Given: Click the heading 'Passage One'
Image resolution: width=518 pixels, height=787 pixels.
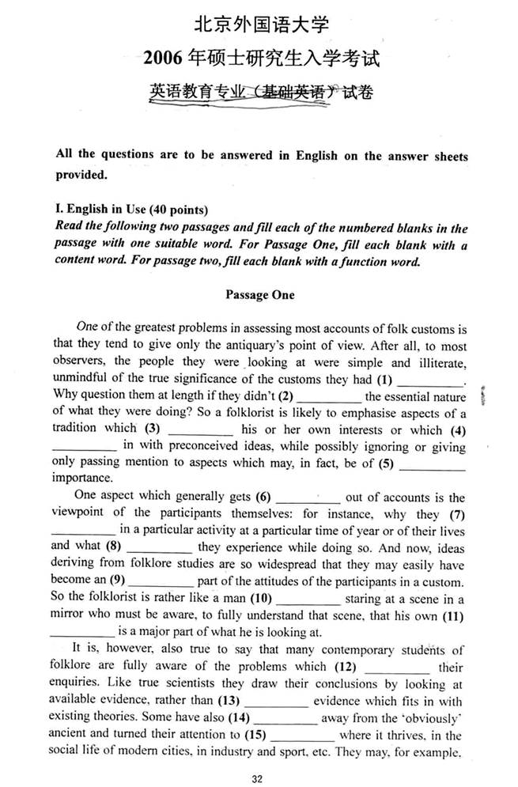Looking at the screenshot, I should point(259,295).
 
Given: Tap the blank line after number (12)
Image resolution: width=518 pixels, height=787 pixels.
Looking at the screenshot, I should point(396,667).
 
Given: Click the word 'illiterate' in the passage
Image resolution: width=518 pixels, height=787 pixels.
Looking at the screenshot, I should point(437,363).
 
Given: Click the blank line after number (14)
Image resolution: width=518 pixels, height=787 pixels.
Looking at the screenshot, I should point(285,717).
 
